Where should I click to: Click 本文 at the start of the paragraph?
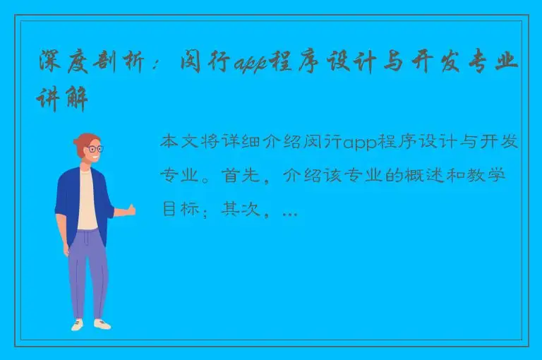point(180,143)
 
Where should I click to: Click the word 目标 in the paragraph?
point(180,209)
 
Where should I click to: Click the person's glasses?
point(93,150)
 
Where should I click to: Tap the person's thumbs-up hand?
point(130,209)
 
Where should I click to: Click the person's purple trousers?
point(88,272)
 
